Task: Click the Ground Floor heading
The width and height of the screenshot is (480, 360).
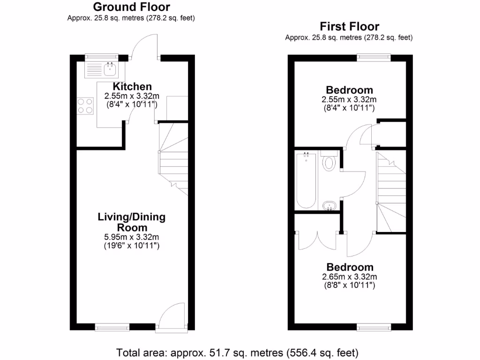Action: (x=131, y=7)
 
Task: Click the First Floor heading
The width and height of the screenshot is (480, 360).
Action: (x=349, y=27)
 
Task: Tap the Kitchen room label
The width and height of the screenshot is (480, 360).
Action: (x=132, y=87)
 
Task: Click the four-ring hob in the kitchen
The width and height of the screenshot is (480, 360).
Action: (x=85, y=105)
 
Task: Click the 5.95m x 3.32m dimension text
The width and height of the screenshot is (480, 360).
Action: (x=131, y=237)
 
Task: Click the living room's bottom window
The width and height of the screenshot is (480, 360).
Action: (x=112, y=326)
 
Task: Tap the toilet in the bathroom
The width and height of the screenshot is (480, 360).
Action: (x=329, y=162)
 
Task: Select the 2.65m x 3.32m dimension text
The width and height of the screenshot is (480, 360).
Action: (x=349, y=277)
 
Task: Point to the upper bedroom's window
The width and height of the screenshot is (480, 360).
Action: (x=374, y=58)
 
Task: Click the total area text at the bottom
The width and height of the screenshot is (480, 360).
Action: (x=237, y=352)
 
